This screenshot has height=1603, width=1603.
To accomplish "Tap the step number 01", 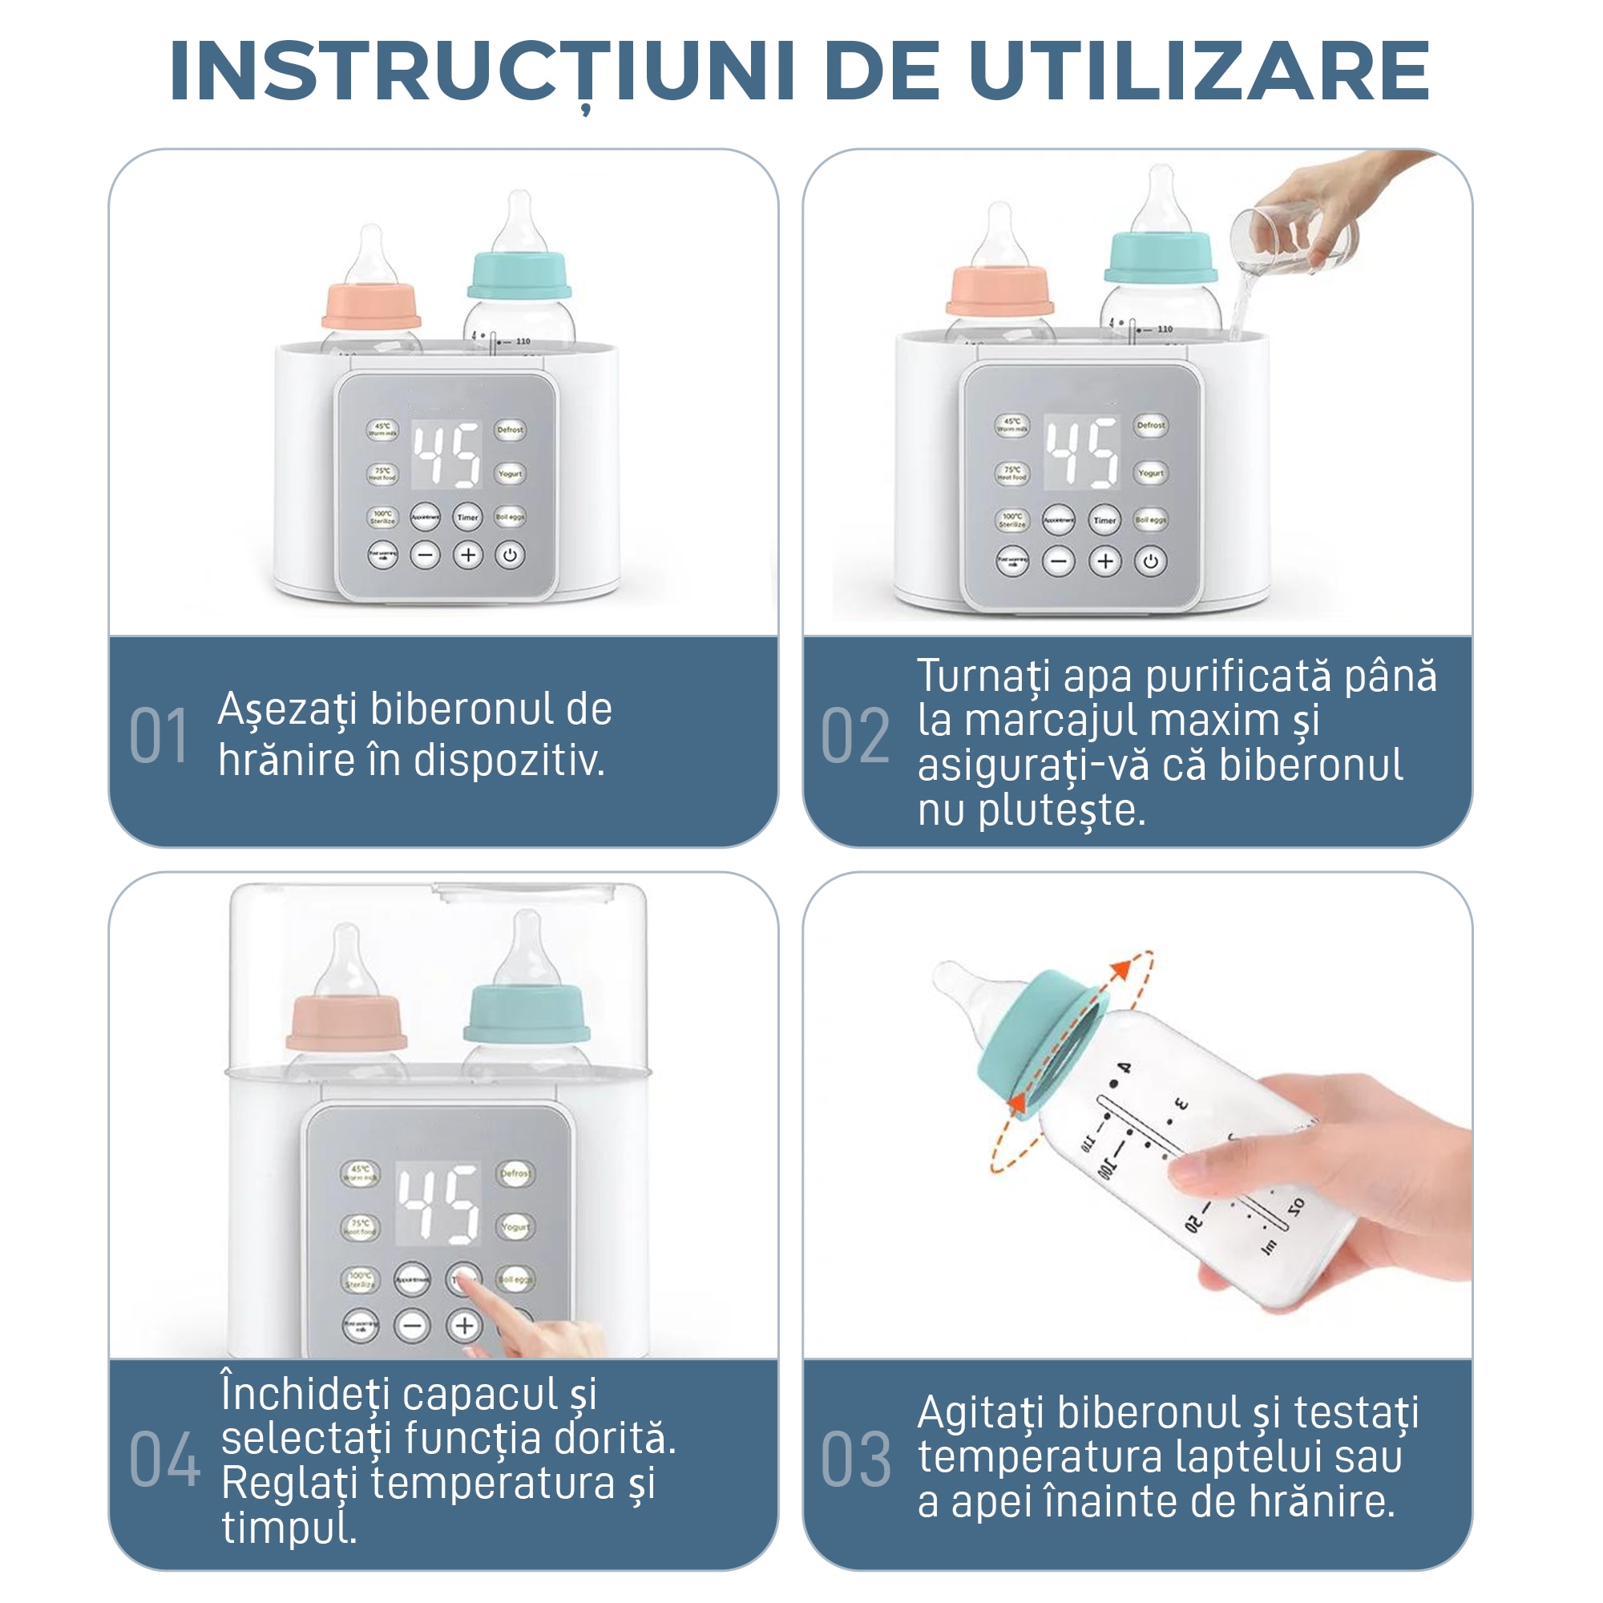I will (x=159, y=736).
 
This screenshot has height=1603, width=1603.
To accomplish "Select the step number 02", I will (x=854, y=736).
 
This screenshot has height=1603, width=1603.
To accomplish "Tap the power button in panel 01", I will (x=511, y=555).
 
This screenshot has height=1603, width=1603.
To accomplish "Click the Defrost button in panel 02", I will (x=1151, y=425).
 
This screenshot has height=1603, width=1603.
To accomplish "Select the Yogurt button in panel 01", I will (x=511, y=474).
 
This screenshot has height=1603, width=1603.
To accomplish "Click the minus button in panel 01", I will (x=426, y=555).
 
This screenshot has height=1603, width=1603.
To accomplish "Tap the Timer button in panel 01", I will (x=468, y=517).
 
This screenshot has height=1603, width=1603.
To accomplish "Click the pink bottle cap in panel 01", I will (x=371, y=306).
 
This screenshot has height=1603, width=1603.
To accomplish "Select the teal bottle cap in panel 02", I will (x=1161, y=257).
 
